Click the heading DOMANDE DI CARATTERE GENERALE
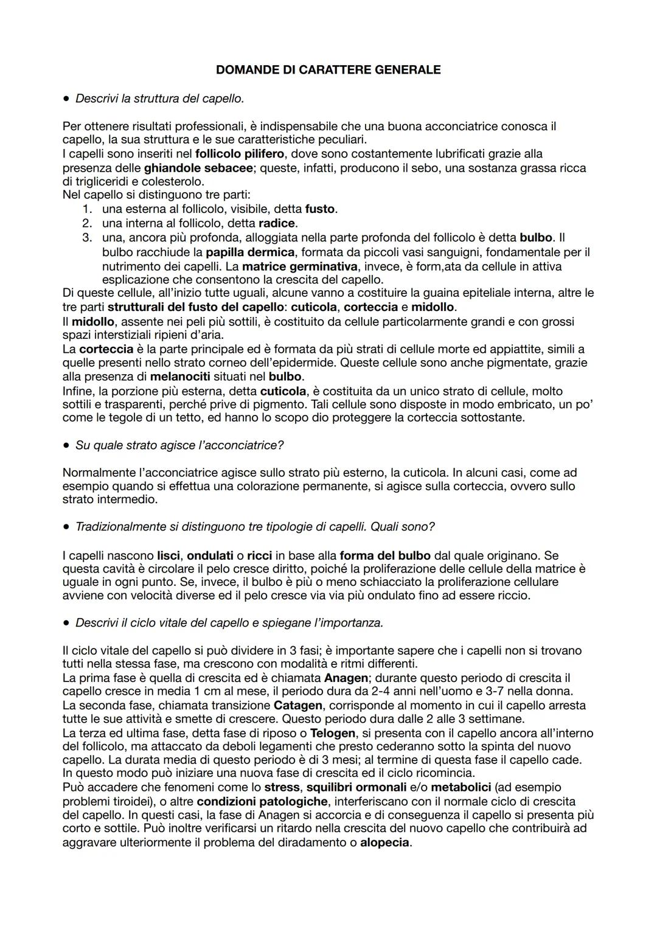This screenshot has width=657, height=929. (x=328, y=70)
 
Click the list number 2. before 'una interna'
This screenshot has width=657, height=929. (x=87, y=223)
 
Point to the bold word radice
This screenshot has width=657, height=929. (x=276, y=223)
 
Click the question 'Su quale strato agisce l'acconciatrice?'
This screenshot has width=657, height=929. (x=179, y=445)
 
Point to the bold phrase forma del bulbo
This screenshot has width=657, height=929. (x=385, y=555)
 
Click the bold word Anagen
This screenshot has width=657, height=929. (x=346, y=678)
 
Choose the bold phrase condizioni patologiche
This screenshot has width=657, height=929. (x=262, y=801)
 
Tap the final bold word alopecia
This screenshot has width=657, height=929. (x=384, y=843)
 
